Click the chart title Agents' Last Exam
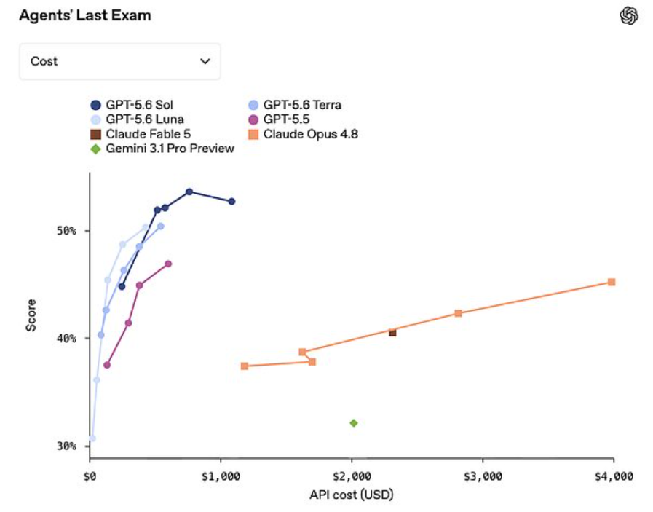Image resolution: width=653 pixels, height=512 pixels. click(85, 16)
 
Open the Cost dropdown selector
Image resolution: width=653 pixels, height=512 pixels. click(120, 61)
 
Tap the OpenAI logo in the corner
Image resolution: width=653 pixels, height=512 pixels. click(628, 16)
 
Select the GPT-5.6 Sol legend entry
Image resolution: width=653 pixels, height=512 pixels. click(132, 105)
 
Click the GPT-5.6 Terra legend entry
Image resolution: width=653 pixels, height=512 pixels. click(295, 105)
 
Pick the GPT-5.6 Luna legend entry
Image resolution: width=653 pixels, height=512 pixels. click(137, 119)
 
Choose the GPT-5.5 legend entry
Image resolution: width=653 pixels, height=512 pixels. click(279, 119)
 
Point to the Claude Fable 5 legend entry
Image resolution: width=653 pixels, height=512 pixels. click(141, 134)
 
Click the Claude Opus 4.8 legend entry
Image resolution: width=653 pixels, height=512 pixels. click(303, 134)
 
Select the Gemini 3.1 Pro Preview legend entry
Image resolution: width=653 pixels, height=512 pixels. click(162, 149)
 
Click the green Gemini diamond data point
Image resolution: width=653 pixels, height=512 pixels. click(354, 423)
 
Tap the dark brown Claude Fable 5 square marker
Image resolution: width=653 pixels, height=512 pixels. click(392, 332)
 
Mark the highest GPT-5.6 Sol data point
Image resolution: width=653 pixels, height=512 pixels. click(189, 192)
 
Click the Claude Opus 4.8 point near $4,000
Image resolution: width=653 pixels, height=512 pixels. click(612, 282)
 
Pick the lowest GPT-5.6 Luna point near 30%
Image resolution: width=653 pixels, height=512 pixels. click(92, 438)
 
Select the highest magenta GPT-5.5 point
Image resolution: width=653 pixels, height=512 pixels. click(168, 264)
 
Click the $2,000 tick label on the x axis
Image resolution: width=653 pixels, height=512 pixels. click(352, 476)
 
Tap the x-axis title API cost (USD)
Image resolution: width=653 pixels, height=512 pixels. click(352, 495)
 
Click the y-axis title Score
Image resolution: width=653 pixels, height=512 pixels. click(31, 315)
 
